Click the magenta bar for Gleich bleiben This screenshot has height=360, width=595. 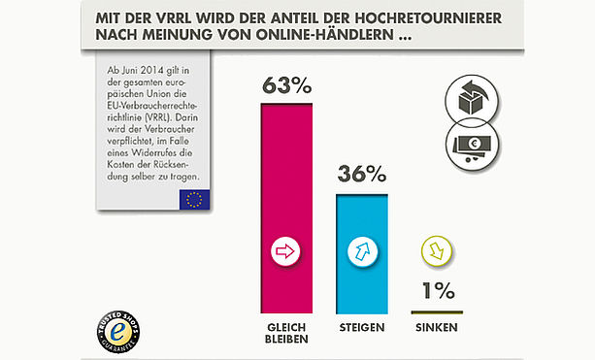[286, 209]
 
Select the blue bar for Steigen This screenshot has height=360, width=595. [362, 254]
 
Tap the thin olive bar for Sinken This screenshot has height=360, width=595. [437, 312]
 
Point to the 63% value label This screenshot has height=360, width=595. [287, 85]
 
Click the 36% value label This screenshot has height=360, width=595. [362, 174]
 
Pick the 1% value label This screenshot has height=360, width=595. [439, 291]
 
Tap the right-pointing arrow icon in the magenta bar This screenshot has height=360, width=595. [285, 251]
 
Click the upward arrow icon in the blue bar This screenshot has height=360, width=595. [362, 251]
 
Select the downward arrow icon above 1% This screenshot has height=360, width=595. [437, 250]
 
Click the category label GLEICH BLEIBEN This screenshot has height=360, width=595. [286, 333]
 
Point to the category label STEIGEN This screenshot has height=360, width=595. [362, 327]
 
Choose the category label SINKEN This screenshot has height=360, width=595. [437, 327]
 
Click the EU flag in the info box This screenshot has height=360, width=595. [194, 200]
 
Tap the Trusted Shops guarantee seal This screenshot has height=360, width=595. [118, 332]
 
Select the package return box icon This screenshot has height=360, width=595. [472, 100]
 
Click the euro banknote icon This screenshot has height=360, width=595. [472, 145]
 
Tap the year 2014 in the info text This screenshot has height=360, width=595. [151, 71]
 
